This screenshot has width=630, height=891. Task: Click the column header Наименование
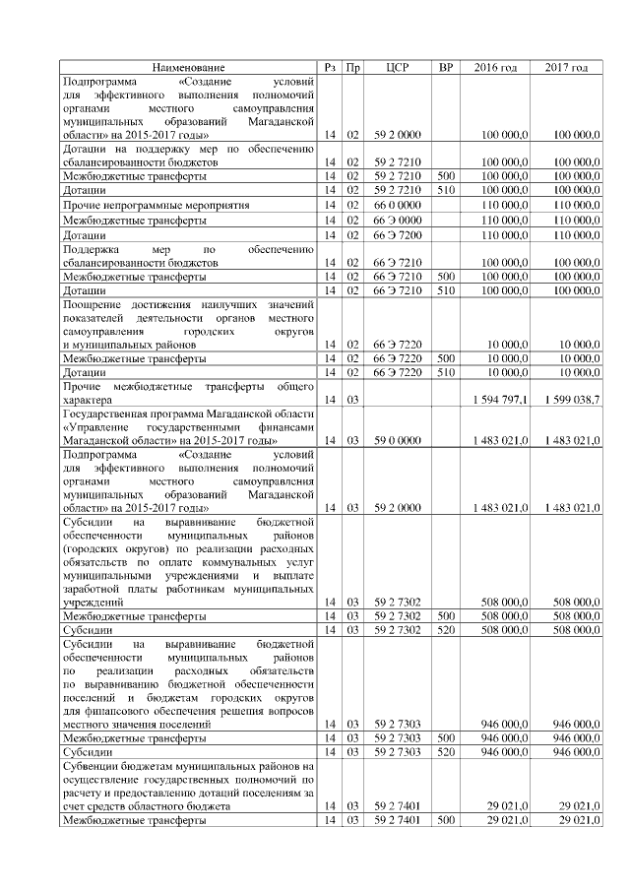pyautogui.click(x=187, y=67)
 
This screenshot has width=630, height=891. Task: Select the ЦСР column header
pyautogui.click(x=398, y=67)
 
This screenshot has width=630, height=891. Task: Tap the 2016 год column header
pyautogui.click(x=495, y=67)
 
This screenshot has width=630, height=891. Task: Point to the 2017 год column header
pyautogui.click(x=566, y=67)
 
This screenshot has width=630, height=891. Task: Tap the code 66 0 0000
pyautogui.click(x=398, y=205)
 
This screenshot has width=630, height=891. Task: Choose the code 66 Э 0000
pyautogui.click(x=398, y=221)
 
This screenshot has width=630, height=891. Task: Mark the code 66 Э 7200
pyautogui.click(x=398, y=236)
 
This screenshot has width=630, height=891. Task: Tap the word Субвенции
pyautogui.click(x=91, y=765)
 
